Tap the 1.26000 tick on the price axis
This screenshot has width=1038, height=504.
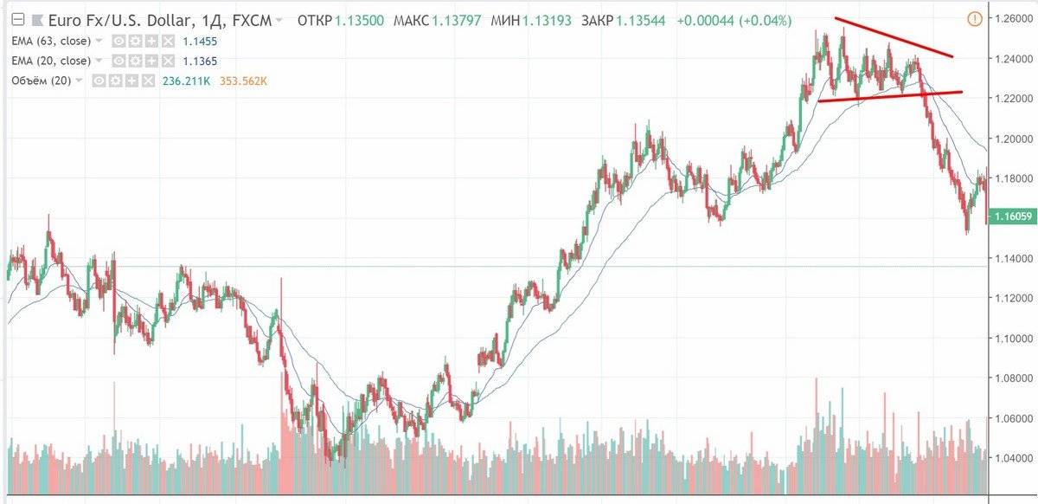tap(1014, 18)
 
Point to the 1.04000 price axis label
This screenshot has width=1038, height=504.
tap(1014, 458)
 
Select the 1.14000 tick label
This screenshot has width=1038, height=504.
tap(1014, 258)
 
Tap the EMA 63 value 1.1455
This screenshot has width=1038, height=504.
tap(200, 41)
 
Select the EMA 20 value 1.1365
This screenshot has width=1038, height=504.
tap(200, 61)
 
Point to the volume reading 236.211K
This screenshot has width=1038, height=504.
tap(187, 81)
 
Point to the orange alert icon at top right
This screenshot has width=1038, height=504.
tap(975, 16)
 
